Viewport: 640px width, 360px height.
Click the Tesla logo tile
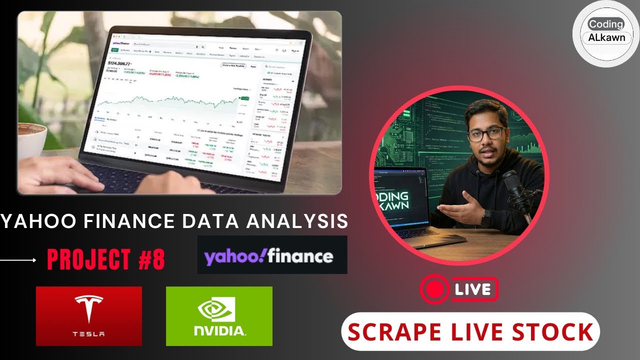[89, 316]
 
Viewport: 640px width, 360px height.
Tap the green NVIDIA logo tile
[219, 316]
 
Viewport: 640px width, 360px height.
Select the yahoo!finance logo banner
[272, 255]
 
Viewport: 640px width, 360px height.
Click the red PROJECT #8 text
[106, 260]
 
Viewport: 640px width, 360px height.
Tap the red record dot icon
[433, 289]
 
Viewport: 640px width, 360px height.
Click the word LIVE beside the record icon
[473, 289]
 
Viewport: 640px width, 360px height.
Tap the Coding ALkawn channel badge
[606, 31]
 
